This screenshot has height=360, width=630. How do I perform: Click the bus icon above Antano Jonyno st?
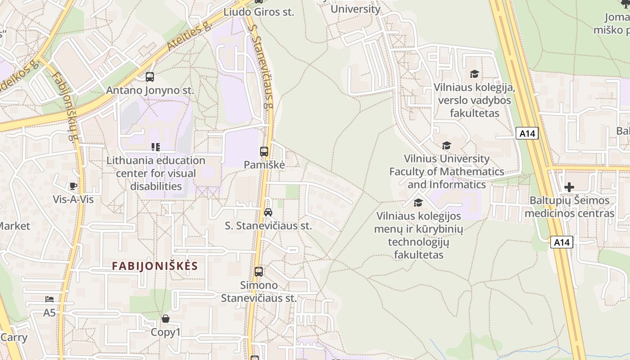pos(150,77)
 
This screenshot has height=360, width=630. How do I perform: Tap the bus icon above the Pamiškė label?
pos(264,152)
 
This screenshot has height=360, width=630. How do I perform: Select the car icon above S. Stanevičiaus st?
pos(268,212)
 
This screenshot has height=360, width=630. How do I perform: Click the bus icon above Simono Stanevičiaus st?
pos(259,272)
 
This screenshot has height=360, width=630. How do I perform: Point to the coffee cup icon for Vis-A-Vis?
pos(73,186)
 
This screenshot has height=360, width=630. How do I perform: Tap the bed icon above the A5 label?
pos(49,299)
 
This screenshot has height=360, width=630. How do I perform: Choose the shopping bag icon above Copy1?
pos(166,319)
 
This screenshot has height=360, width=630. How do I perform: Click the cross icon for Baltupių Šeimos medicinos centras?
pos(569,187)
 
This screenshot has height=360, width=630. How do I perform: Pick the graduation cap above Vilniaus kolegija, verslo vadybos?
pos(474,74)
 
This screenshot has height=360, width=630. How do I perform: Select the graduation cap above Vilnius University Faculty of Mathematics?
pos(446,145)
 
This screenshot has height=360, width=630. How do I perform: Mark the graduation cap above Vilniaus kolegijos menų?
pos(418,203)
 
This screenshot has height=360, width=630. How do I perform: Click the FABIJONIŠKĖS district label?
pos(155,266)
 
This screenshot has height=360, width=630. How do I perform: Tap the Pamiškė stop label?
pos(264,165)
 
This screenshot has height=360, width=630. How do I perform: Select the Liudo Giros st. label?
pos(259,12)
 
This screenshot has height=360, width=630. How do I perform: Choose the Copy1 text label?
pos(166,333)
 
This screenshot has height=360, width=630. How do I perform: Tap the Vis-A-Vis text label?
pos(73,199)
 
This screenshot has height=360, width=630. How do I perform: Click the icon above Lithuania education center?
pos(156,147)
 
